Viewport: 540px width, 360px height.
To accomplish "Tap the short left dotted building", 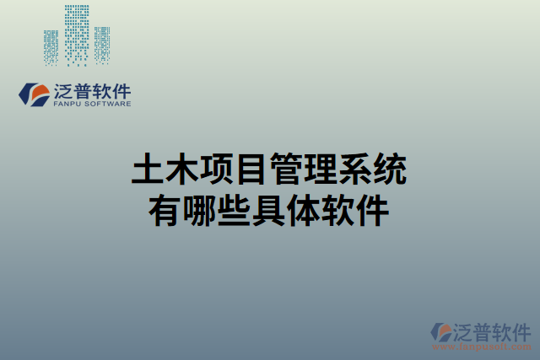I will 51,46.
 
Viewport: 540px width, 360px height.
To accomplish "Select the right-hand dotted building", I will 102,45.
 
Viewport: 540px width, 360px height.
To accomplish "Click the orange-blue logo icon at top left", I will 34,95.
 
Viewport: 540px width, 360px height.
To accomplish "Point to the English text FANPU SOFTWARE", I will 92,105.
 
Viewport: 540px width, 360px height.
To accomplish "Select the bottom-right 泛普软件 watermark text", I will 493,330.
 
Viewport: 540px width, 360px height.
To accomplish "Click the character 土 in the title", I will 148,171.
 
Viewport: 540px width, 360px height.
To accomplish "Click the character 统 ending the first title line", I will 391,171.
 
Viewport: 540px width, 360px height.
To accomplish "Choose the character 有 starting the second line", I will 165,209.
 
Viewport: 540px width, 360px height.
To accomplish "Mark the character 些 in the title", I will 235,209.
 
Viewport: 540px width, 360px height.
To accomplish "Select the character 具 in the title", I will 269,209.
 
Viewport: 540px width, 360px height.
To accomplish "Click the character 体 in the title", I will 304,209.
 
